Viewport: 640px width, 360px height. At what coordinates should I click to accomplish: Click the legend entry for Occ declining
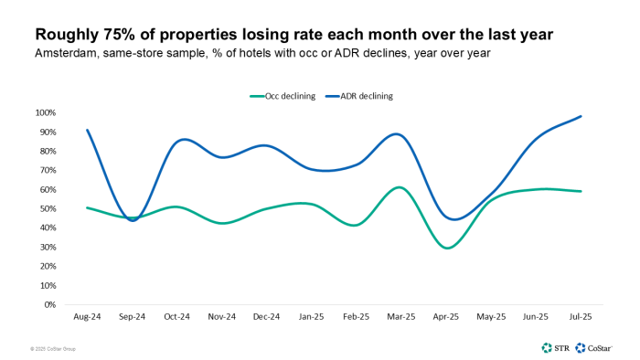[x=283, y=95]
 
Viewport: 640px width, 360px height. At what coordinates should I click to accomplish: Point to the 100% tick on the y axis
[x=46, y=112]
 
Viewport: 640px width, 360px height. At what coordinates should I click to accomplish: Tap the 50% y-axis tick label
[x=48, y=208]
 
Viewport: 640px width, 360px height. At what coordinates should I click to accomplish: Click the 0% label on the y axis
[x=50, y=304]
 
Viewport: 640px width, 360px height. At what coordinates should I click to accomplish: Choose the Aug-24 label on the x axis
[x=86, y=316]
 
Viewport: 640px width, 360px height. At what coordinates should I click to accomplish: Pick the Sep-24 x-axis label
[x=132, y=316]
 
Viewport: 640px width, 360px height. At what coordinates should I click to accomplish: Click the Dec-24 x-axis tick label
[x=265, y=316]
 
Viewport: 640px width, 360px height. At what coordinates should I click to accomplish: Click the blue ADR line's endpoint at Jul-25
[x=581, y=116]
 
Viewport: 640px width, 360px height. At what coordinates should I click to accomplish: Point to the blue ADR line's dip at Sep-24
[x=133, y=220]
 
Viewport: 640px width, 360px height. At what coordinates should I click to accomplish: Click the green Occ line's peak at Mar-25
[x=398, y=187]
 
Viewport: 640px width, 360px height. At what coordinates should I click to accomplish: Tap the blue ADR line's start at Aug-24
[x=87, y=130]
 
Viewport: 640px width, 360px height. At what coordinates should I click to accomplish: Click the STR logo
[x=554, y=347]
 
